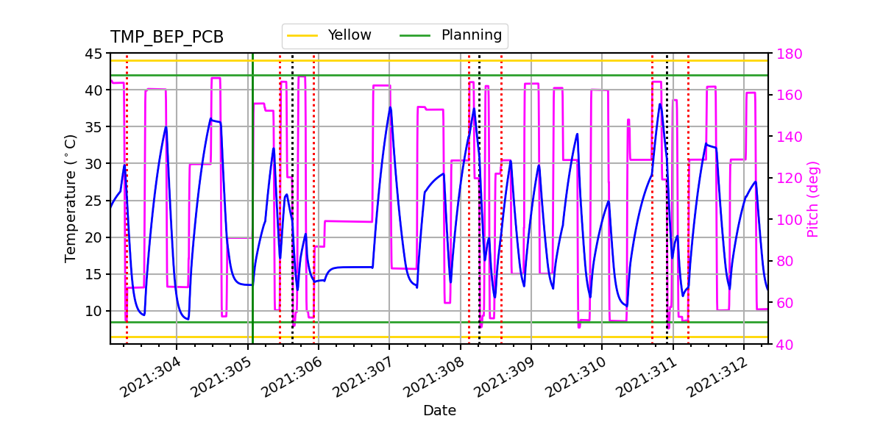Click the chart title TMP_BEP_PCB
167,37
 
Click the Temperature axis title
71,198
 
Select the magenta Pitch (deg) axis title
813,198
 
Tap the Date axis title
439,411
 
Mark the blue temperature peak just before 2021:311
660,104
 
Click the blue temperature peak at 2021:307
390,107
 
